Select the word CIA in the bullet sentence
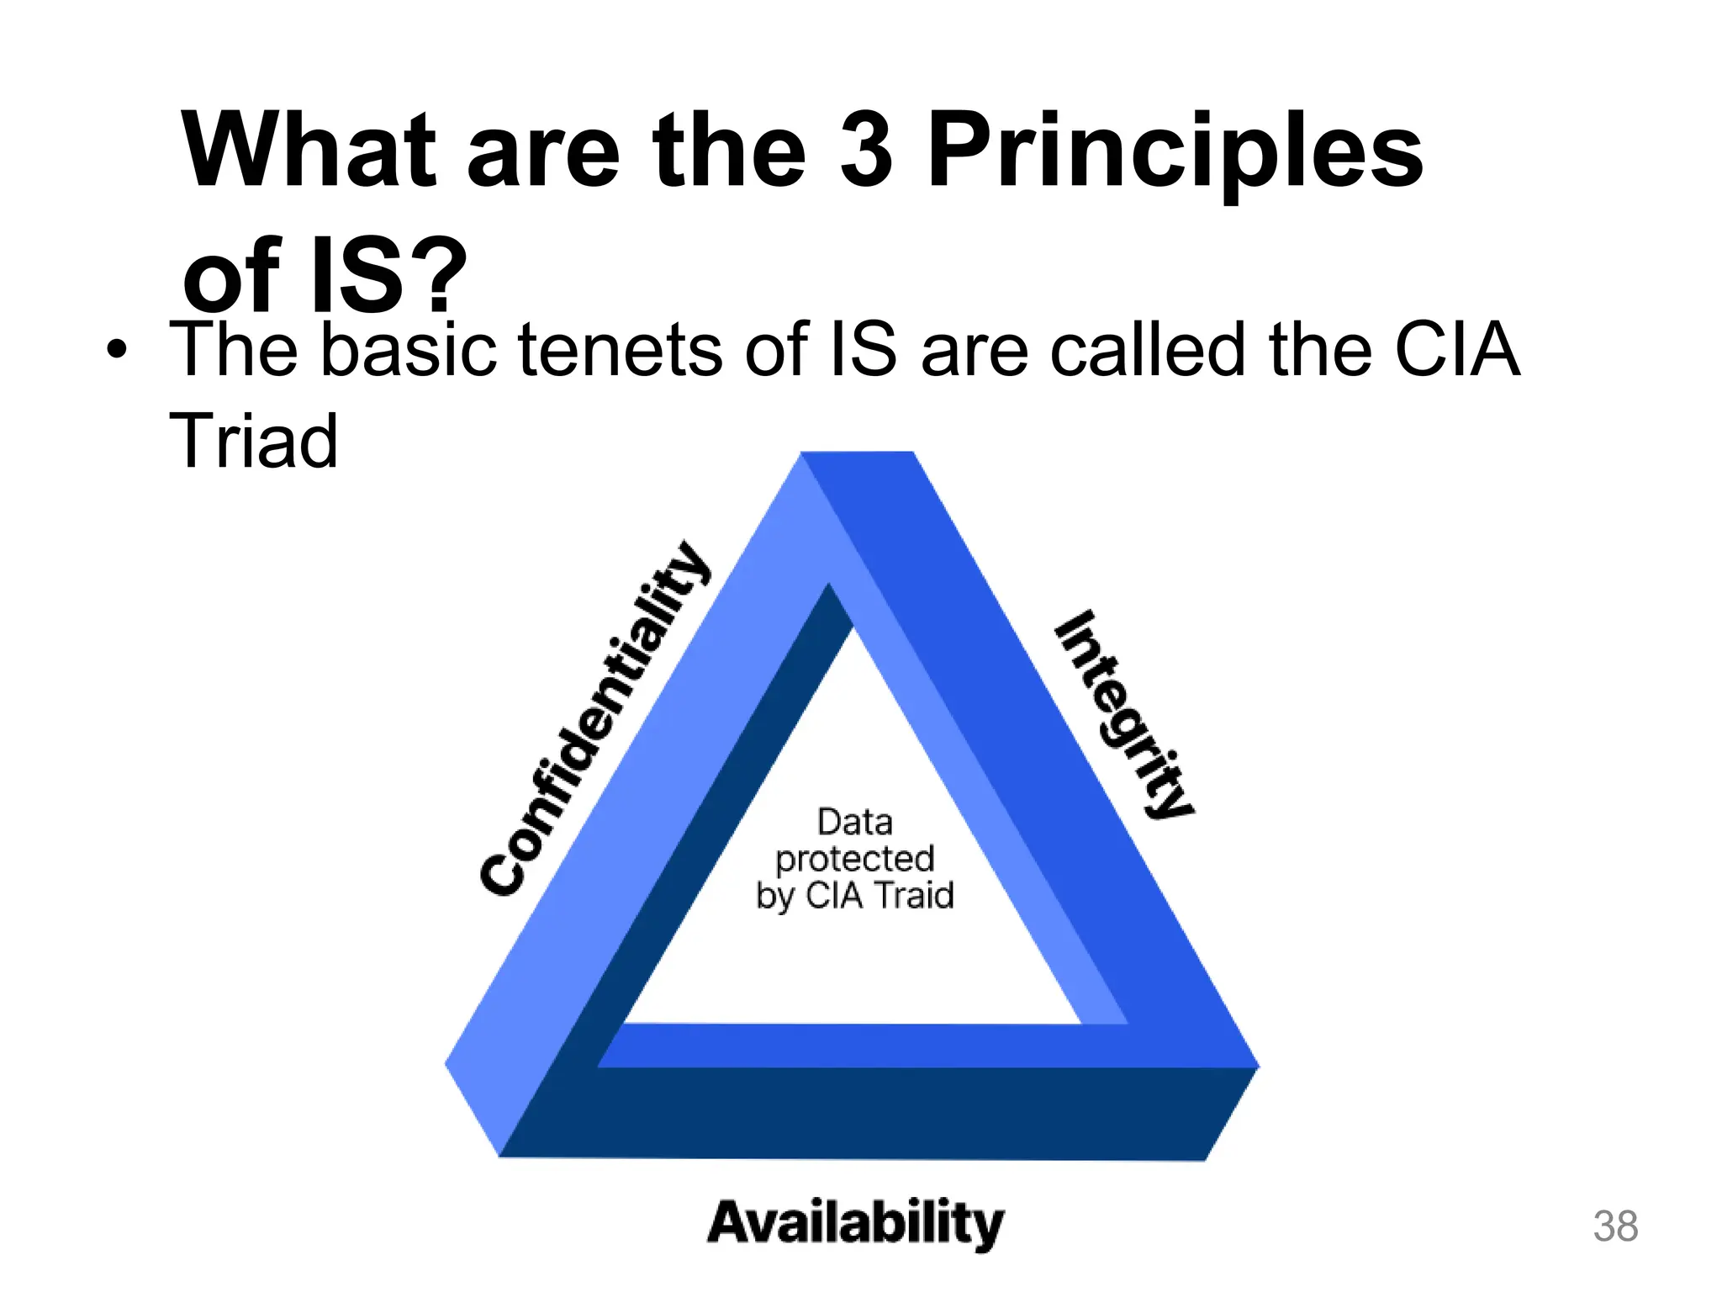click(x=1456, y=350)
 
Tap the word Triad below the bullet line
click(x=253, y=441)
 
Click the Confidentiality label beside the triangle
click(x=595, y=719)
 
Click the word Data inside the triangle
click(x=854, y=822)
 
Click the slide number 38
click(x=1615, y=1226)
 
